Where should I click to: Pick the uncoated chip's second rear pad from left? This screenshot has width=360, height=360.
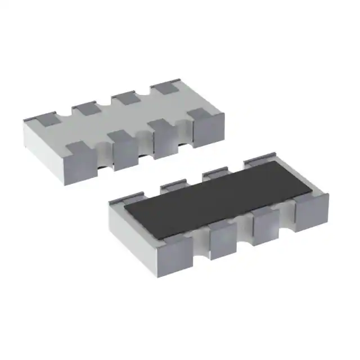click(85, 107)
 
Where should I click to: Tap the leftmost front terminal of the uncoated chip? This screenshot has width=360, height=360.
click(82, 160)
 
